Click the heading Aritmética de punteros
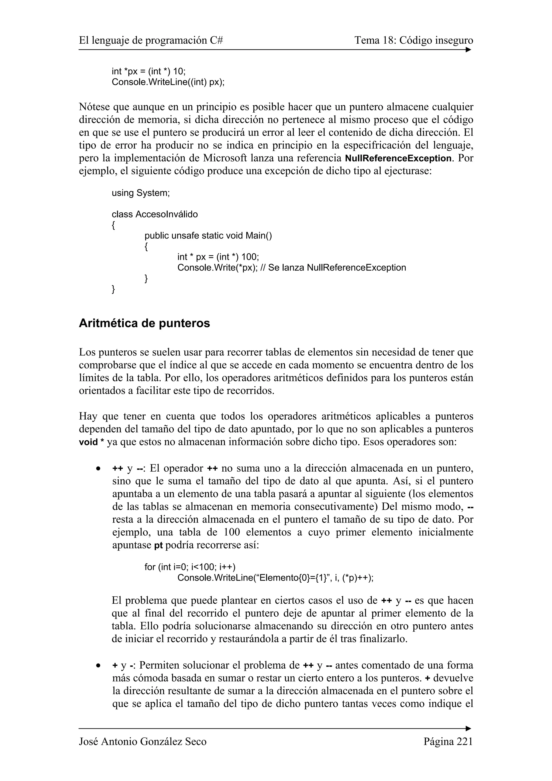(x=144, y=323)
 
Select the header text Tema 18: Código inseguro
(x=413, y=40)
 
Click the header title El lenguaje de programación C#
(x=151, y=40)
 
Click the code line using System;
(x=140, y=193)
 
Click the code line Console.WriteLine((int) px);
(x=168, y=82)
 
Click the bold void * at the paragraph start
(x=91, y=442)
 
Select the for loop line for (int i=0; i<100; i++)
(x=190, y=567)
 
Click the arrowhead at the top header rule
(x=468, y=50)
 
